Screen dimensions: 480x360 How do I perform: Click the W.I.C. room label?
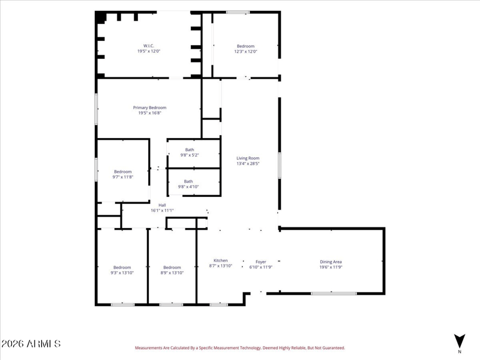coord(149,46)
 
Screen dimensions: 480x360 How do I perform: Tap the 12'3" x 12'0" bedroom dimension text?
coord(245,52)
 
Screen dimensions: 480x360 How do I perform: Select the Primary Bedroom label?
coord(149,108)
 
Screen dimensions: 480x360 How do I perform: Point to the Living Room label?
coord(248,158)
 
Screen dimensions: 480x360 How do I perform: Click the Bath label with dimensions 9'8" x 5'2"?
coord(190,149)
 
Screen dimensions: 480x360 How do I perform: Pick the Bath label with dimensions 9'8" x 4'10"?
coord(188,182)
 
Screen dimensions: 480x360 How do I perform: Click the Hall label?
coord(162,205)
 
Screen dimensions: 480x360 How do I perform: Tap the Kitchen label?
coord(221,260)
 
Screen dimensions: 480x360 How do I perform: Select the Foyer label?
coord(261,262)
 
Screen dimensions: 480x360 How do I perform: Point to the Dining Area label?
coord(331,262)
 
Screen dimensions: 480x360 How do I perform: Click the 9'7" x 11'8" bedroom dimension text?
coord(123,177)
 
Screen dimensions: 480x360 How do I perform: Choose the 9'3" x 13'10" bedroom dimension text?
coord(122,273)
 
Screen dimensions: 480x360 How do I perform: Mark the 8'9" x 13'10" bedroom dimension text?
coord(172,273)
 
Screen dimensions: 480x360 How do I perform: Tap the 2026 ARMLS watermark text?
coord(31,344)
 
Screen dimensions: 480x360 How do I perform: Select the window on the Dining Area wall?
coord(334,293)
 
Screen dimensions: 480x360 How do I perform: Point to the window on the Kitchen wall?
coord(218,305)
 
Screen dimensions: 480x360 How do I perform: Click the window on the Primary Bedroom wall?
coord(96,109)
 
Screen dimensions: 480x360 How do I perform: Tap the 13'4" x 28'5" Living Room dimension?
coord(248,163)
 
